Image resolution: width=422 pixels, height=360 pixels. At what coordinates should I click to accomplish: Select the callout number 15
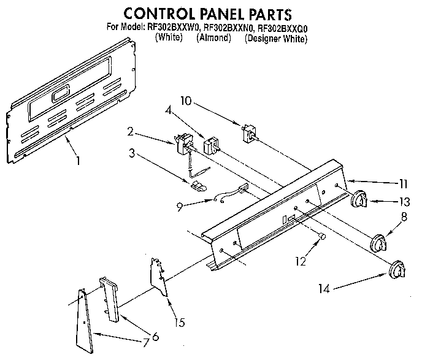tap(179, 323)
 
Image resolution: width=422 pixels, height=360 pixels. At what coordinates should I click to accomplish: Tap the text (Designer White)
tap(276, 39)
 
